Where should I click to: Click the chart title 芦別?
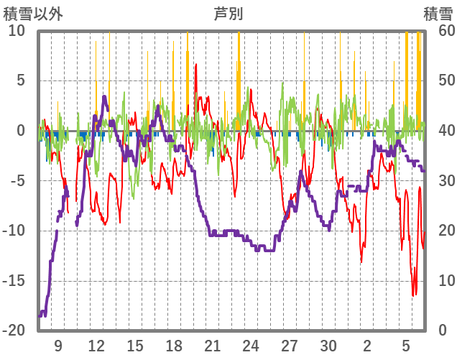(x=228, y=14)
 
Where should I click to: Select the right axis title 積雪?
(x=438, y=14)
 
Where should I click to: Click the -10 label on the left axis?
(x=16, y=231)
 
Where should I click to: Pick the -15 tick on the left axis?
(x=16, y=280)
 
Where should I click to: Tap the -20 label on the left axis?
(x=16, y=331)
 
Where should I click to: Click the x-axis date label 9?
(x=57, y=346)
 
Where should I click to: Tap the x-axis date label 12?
(x=96, y=346)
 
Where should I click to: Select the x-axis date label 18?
(x=174, y=346)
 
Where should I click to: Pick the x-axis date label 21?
(x=212, y=346)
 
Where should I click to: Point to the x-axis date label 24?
(x=251, y=346)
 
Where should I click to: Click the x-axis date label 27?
(x=290, y=346)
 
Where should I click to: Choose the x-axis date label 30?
(x=328, y=346)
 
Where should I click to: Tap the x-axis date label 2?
(x=367, y=346)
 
